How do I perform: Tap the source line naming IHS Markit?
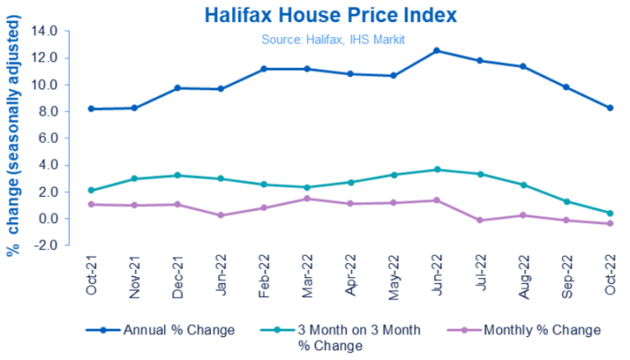(x=334, y=39)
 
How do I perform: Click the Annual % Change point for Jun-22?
(x=436, y=51)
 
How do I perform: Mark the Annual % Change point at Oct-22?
(x=610, y=107)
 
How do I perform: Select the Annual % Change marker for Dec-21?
(x=177, y=88)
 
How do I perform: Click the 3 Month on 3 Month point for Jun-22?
(x=436, y=170)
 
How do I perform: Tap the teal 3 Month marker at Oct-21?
(x=90, y=190)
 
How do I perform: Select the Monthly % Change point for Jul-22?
(x=480, y=220)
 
